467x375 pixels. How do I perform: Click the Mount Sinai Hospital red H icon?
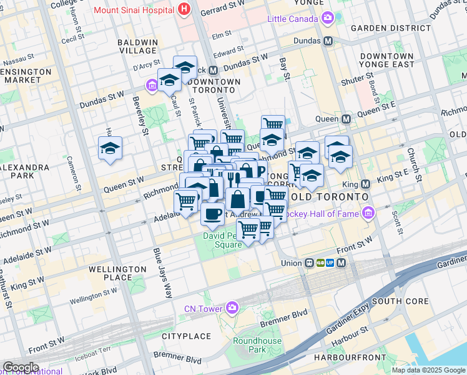[x=184, y=9]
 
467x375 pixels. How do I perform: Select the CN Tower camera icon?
[x=233, y=307]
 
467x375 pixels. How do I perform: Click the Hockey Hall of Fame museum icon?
[x=368, y=214]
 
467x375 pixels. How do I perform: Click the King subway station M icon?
[x=366, y=184]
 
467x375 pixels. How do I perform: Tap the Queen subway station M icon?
[x=347, y=119]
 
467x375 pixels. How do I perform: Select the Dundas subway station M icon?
[x=327, y=41]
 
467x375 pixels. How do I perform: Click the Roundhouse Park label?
[x=257, y=345]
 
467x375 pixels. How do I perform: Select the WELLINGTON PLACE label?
[x=109, y=273]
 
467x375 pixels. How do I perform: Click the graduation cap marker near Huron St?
[x=110, y=148]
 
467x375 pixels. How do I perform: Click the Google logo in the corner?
[x=20, y=367]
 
